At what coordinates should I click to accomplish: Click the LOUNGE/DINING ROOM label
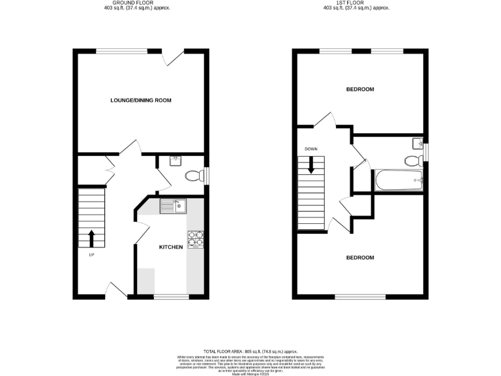[141, 100]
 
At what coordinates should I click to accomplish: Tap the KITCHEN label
[171, 247]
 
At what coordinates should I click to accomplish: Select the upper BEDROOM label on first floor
[359, 89]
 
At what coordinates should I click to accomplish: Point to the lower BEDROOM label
[359, 257]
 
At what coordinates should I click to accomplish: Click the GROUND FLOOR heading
[141, 3]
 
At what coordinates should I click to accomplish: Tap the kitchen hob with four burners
[195, 240]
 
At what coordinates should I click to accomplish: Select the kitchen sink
[174, 206]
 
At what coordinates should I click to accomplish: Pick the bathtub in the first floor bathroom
[399, 180]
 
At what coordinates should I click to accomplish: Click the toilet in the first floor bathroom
[412, 161]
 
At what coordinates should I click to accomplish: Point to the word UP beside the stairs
[91, 255]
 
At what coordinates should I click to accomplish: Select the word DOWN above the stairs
[311, 149]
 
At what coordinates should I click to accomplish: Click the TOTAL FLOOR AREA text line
[250, 351]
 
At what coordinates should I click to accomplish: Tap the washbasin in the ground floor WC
[175, 161]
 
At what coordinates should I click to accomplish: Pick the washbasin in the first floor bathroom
[417, 143]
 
